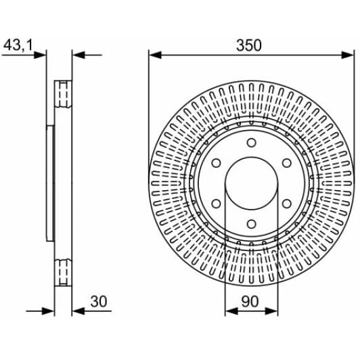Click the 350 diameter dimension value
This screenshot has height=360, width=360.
tap(249, 45)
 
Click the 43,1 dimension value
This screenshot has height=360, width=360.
tap(18, 45)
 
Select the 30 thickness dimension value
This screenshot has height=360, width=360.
tap(99, 301)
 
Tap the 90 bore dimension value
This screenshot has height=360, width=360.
tap(250, 301)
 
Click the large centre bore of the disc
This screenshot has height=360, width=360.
tap(252, 183)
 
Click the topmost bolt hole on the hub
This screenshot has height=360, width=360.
tap(252, 143)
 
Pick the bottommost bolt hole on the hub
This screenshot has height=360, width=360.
tap(252, 223)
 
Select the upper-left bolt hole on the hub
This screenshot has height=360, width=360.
tap(216, 163)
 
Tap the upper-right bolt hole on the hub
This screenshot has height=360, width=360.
tap(287, 163)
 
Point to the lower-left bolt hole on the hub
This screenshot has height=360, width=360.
tap(216, 204)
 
